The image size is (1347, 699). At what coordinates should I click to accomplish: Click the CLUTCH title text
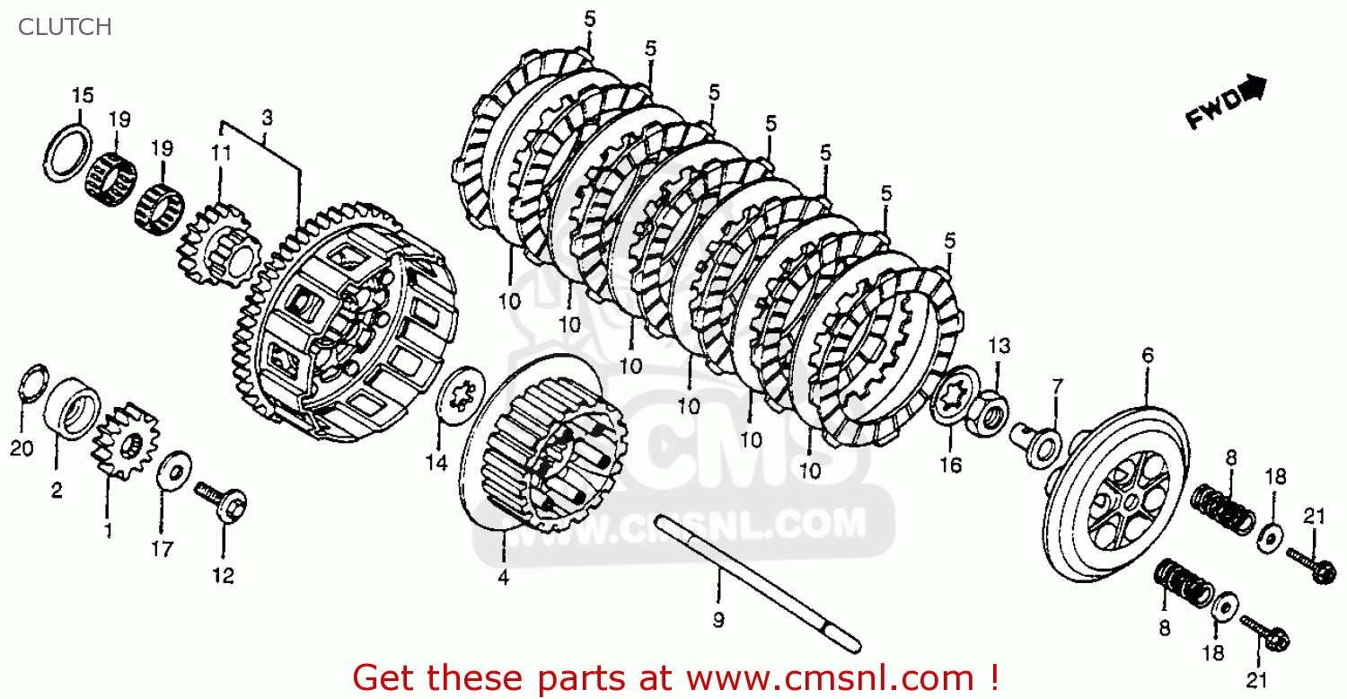click(x=65, y=27)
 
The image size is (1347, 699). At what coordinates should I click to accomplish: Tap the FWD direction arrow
click(x=1226, y=103)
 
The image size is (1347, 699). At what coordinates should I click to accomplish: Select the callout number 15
click(x=83, y=95)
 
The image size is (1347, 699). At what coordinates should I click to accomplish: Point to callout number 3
click(x=267, y=117)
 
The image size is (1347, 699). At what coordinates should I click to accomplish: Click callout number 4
click(x=503, y=578)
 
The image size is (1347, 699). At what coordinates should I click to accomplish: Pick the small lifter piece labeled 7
click(x=1042, y=445)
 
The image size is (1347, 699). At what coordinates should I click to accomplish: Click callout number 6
click(x=1147, y=356)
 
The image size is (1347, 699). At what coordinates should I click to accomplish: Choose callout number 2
click(x=56, y=490)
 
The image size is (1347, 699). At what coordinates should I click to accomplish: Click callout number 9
click(x=718, y=619)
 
